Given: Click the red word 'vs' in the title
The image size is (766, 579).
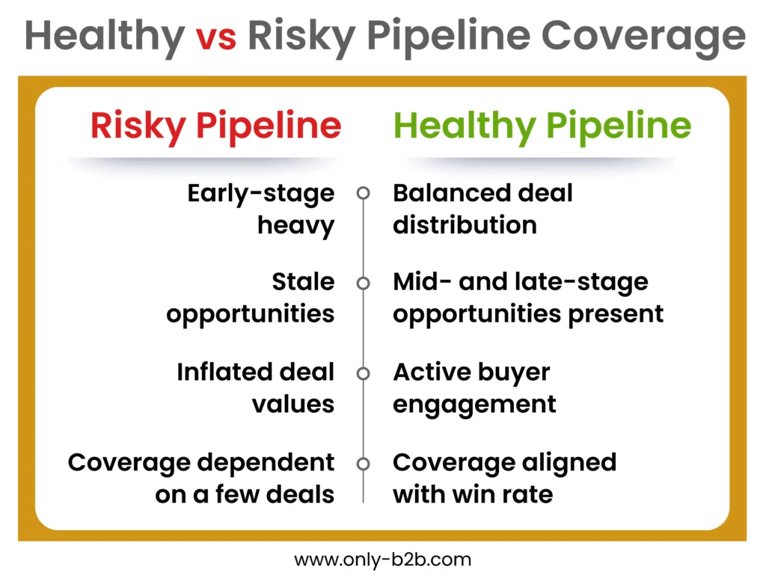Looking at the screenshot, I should click(x=216, y=36).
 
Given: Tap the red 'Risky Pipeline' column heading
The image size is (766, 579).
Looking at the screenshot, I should click(x=215, y=126).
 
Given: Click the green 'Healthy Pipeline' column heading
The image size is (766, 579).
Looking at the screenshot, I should click(x=542, y=126).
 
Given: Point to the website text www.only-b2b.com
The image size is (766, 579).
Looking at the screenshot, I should click(x=382, y=559).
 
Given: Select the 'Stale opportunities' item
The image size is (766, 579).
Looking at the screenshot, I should click(x=251, y=298).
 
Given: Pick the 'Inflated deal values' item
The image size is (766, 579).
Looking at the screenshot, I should click(x=256, y=387).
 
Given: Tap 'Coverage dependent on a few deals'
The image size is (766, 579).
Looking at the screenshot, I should click(x=201, y=478).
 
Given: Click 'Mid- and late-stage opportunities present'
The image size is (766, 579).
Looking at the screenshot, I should click(x=528, y=298).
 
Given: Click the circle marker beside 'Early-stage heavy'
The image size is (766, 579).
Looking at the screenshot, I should click(x=364, y=193).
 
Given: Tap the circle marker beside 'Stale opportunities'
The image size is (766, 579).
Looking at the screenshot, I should click(x=364, y=284).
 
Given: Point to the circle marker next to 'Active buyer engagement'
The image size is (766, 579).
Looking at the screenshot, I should click(x=364, y=373).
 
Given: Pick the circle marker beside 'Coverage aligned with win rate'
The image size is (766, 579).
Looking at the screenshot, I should click(x=364, y=464).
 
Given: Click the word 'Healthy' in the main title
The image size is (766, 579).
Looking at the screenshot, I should click(x=105, y=36).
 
